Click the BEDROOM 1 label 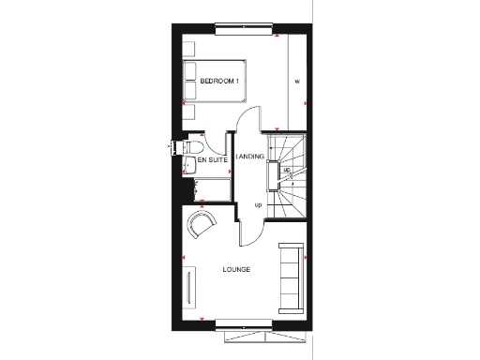(x=219, y=82)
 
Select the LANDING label (x=249, y=156)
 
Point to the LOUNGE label (x=235, y=270)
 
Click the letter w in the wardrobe (x=295, y=82)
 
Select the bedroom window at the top (x=247, y=29)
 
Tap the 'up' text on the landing (x=259, y=204)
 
